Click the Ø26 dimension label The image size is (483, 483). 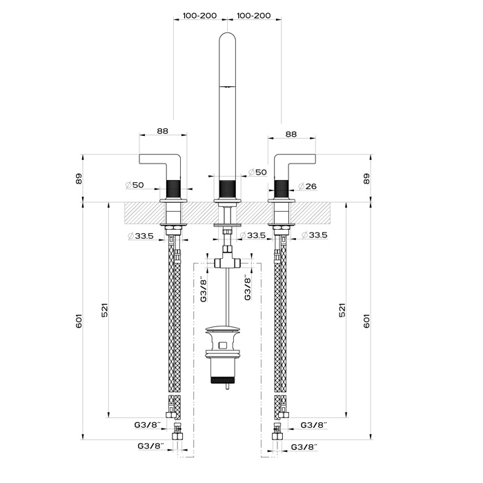308,186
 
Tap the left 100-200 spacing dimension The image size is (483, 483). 200,15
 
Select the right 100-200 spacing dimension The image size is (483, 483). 254,15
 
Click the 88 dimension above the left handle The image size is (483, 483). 163,130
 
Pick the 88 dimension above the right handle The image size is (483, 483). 291,134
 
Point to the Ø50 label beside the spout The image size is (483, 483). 257,172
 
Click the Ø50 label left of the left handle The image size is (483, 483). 135,185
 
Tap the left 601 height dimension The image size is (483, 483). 79,321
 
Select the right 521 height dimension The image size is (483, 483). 342,310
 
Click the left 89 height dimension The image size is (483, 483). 79,179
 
